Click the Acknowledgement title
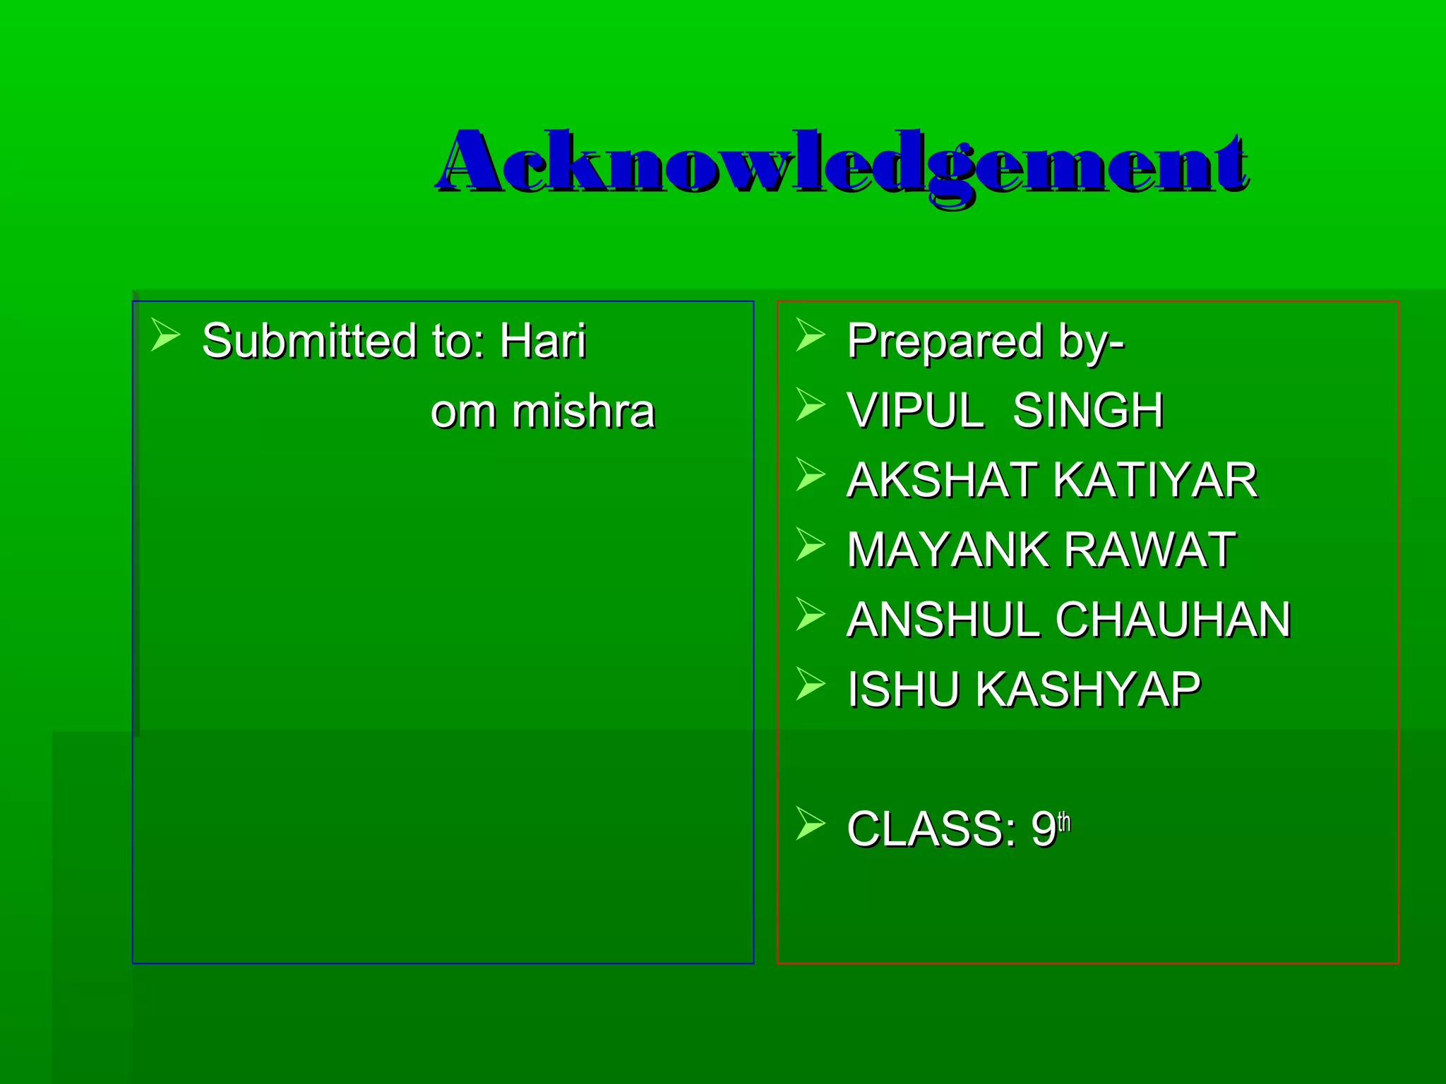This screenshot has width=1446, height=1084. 842,164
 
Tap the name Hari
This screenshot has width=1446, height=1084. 543,341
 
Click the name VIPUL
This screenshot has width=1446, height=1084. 916,410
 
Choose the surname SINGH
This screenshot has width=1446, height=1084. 1088,410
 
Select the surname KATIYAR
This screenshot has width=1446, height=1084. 1155,480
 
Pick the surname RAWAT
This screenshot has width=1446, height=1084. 1149,550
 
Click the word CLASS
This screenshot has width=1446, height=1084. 931,829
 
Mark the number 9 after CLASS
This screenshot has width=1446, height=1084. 1043,829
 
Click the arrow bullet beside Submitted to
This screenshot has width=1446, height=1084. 165,335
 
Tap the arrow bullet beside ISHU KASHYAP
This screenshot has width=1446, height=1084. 810,683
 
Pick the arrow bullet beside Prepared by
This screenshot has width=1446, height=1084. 810,335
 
